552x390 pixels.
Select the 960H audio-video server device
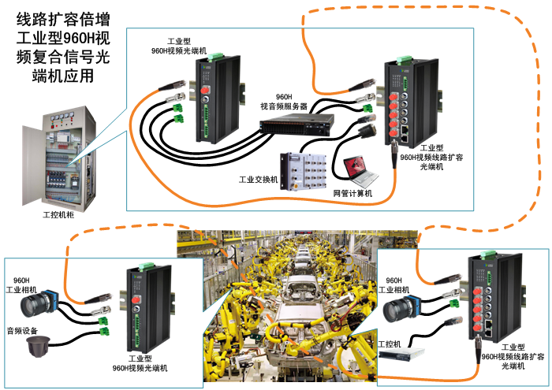click(x=297, y=123)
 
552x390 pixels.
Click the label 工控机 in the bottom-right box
click(x=390, y=344)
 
